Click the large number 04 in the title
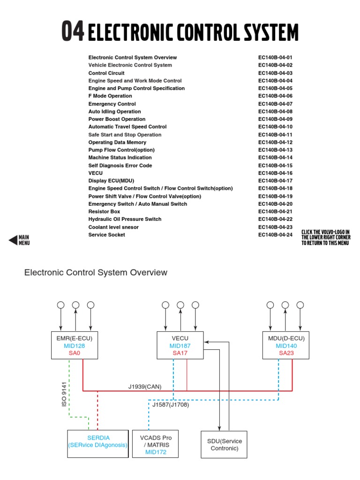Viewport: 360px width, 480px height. [73, 32]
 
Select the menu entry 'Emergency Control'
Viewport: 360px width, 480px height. [112, 104]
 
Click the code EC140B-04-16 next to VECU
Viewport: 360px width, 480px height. [275, 173]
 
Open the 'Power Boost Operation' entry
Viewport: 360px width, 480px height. [117, 119]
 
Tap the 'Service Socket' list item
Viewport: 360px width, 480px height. [107, 235]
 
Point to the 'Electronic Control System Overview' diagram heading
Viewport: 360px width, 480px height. [96, 272]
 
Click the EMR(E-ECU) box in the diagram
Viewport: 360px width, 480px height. [75, 345]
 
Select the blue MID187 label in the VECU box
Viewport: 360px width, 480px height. [180, 346]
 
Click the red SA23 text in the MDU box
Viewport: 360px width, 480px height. [286, 353]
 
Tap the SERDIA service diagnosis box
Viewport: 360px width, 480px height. [98, 442]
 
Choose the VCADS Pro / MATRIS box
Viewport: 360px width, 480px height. [156, 445]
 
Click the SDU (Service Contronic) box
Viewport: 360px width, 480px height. [224, 444]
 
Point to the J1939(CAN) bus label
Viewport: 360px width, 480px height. [145, 387]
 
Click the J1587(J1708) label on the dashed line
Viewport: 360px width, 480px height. [171, 405]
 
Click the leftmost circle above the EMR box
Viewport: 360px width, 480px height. [60, 305]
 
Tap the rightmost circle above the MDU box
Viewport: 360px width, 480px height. [300, 305]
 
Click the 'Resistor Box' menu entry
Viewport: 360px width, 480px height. [104, 211]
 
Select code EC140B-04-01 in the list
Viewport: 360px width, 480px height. [275, 58]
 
